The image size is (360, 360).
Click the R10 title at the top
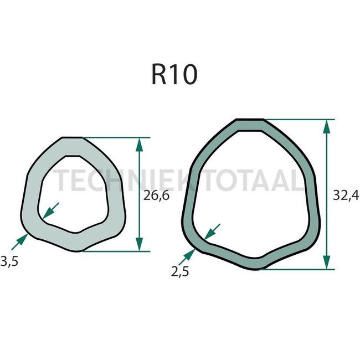click(173, 75)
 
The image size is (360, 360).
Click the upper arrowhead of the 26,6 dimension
click(139, 145)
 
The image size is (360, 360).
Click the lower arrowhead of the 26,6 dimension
click(139, 244)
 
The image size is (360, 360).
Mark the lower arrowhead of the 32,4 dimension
click(327, 262)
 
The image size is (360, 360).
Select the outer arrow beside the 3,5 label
click(20, 239)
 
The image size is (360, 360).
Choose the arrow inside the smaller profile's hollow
click(50, 210)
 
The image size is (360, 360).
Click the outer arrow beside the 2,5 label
click(188, 255)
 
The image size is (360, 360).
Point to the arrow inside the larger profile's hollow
click(212, 231)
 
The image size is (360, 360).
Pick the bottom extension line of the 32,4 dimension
click(299, 269)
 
